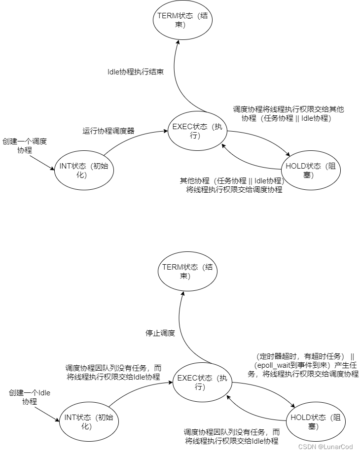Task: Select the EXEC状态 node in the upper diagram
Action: pos(197,131)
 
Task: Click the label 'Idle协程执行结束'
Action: pos(136,71)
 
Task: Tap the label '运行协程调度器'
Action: pos(108,131)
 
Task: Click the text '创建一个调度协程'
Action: pos(24,145)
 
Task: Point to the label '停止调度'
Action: pos(160,333)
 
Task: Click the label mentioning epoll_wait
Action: pos(303,365)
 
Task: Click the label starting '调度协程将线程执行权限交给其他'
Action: pos(288,114)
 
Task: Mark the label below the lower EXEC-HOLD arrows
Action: pos(232,436)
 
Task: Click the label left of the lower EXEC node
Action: pos(113,372)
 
